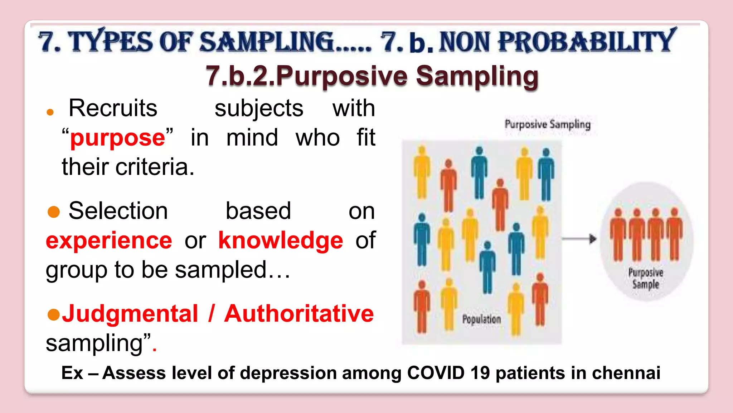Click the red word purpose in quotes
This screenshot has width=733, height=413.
[x=117, y=138]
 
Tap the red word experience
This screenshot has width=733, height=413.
[x=109, y=240]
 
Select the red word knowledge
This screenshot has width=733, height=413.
[x=281, y=240]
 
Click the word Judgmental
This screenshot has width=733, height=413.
[x=130, y=314]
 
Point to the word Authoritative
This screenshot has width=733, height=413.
[x=299, y=314]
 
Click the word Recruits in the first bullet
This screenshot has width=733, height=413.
[x=113, y=108]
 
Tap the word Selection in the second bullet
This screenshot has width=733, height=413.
[x=118, y=211]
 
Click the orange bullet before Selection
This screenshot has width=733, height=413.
[x=54, y=212]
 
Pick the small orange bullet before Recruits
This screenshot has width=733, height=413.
[x=50, y=112]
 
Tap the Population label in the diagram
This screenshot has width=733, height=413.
[x=481, y=319]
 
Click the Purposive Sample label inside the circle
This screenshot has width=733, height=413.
[x=645, y=278]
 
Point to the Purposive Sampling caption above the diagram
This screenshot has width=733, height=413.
[x=547, y=124]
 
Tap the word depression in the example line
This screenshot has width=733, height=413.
[x=288, y=373]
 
